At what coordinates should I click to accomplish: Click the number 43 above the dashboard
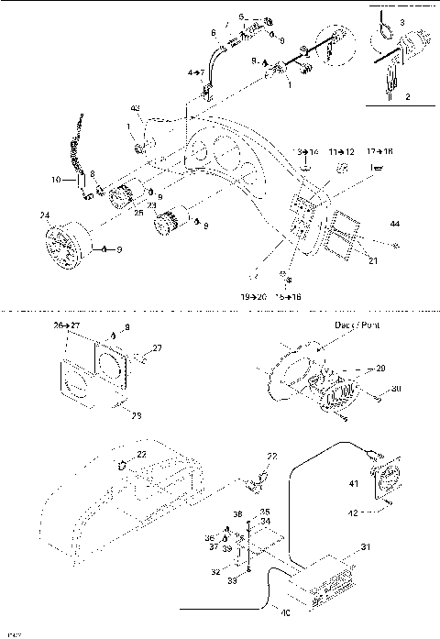(x=136, y=109)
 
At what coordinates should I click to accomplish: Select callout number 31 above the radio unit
(x=364, y=547)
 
